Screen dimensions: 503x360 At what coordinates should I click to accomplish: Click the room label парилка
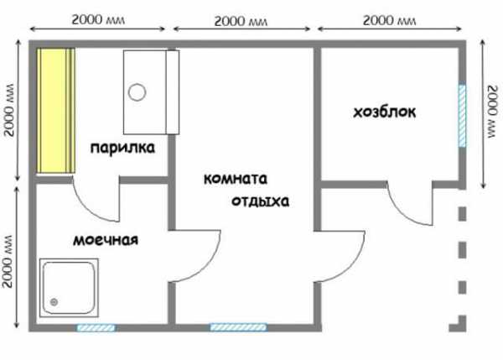click(x=122, y=148)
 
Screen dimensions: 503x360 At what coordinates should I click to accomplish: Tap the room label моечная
click(x=106, y=240)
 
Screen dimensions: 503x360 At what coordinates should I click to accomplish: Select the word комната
click(x=236, y=179)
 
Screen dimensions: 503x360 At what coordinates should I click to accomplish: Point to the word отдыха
click(x=260, y=201)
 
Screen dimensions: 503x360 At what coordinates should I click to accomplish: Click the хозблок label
click(x=385, y=112)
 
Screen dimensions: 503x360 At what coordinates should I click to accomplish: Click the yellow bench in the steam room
click(x=56, y=111)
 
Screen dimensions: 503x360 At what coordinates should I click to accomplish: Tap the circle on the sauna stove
click(x=137, y=92)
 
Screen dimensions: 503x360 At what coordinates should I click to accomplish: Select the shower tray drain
click(x=54, y=302)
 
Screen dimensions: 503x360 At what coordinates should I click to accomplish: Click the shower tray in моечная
click(x=69, y=288)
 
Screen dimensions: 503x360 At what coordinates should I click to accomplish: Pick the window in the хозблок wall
click(x=462, y=115)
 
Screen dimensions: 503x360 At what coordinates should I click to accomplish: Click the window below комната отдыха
click(x=238, y=327)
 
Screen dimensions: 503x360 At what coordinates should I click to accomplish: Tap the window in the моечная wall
click(x=96, y=327)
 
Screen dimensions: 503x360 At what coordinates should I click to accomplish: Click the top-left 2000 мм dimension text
click(x=98, y=20)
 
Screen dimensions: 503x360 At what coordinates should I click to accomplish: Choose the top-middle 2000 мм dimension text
click(x=241, y=21)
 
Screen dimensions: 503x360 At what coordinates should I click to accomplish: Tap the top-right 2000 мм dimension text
click(x=390, y=20)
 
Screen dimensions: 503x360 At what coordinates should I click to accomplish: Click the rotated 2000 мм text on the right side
click(x=492, y=112)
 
